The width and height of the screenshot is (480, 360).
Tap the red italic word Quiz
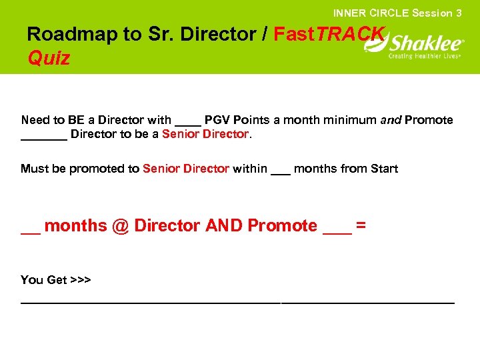pos(49,59)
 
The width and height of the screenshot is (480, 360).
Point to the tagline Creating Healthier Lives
pos(425,57)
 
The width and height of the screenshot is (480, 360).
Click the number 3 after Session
pos(459,13)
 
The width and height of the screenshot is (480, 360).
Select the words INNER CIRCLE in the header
pos(371,13)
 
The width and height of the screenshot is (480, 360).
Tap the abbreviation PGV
pos(217,120)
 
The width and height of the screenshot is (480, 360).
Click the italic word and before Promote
pos(391,120)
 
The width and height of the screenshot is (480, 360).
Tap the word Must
pos(34,169)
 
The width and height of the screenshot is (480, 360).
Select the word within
pos(250,169)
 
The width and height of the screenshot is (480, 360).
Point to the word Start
pos(383,169)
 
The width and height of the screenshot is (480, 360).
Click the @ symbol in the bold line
pos(121,226)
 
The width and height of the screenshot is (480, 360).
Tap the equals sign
pos(361,226)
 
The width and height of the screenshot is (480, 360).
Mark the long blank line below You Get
pos(237,302)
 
